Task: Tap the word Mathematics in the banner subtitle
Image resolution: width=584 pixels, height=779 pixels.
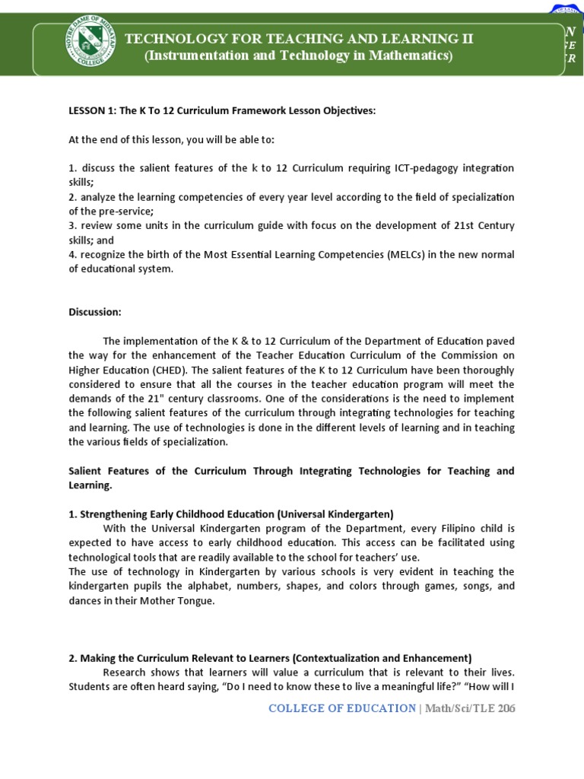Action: tap(410, 56)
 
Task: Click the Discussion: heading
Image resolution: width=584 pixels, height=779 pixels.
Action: tap(95, 312)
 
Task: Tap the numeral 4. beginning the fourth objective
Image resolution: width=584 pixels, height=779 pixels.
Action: tap(73, 255)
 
